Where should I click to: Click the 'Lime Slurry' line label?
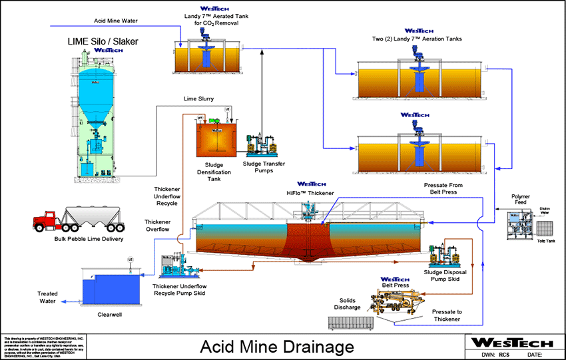198,98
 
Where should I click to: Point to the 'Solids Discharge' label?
348,303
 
